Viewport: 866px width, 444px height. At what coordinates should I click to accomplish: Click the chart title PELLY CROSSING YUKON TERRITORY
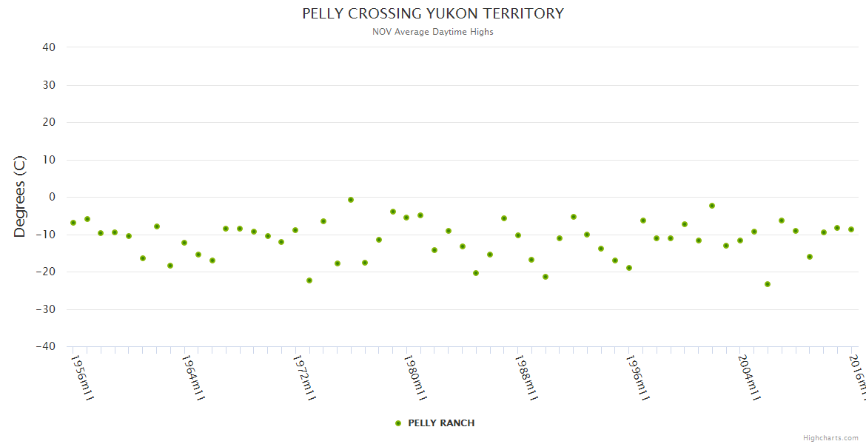[x=433, y=13]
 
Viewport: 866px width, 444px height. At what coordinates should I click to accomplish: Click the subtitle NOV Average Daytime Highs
[x=433, y=32]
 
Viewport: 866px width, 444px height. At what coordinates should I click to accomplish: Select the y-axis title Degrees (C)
[x=20, y=197]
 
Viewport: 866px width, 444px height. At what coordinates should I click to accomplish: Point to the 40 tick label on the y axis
[x=49, y=47]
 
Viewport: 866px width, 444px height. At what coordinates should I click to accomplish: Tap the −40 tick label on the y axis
[x=46, y=346]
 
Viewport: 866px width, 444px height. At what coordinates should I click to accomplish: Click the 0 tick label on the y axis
[x=52, y=197]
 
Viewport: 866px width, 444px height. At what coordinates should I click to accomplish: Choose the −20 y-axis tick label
[x=46, y=272]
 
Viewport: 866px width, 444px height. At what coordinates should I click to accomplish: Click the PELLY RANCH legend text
[x=441, y=423]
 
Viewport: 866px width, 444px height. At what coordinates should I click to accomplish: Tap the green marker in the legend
[x=398, y=423]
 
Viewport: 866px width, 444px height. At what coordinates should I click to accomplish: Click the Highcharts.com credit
[x=830, y=438]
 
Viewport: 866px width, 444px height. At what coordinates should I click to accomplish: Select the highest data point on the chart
[x=351, y=200]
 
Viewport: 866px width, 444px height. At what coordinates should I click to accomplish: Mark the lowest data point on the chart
[x=768, y=284]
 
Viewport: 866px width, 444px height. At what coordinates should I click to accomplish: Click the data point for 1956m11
[x=73, y=223]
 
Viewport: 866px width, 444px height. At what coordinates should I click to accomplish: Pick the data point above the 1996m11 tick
[x=629, y=268]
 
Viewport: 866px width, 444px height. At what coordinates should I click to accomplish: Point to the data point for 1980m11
[x=406, y=218]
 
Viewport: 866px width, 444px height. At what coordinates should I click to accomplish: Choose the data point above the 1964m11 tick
[x=184, y=243]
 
